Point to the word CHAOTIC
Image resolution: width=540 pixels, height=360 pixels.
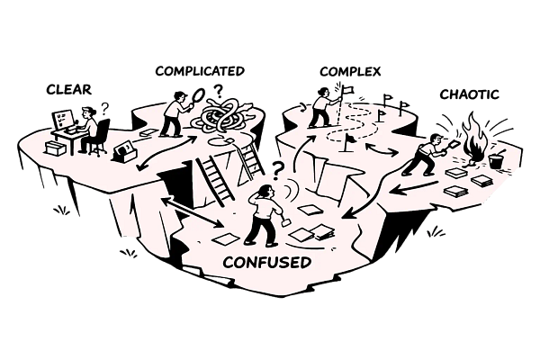(x=469, y=94)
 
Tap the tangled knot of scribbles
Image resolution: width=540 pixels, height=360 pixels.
(x=222, y=120)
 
